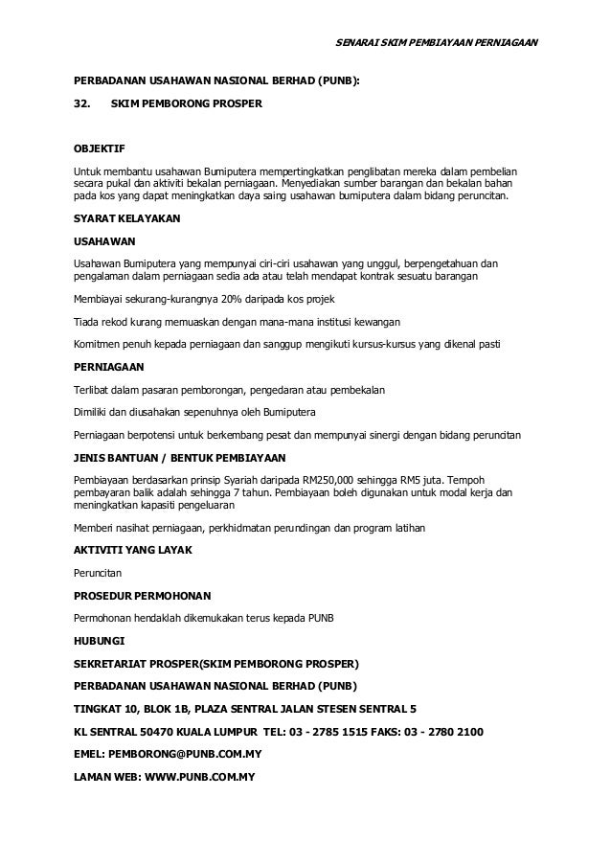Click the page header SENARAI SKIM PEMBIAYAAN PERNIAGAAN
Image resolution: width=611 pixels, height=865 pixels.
coord(440,43)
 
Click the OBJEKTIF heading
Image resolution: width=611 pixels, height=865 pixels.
coord(100,149)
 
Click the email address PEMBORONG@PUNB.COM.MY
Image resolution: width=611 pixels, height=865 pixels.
coord(185,753)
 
